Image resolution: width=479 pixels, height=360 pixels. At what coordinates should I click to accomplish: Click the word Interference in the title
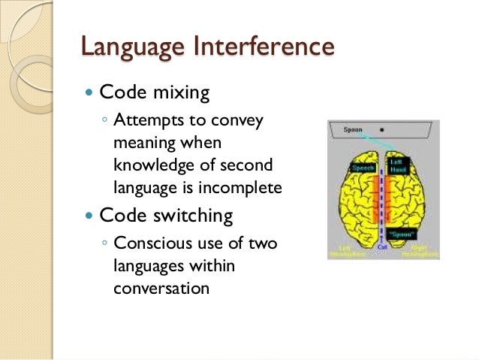[x=264, y=46]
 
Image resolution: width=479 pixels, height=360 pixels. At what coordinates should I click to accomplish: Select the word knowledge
[x=150, y=165]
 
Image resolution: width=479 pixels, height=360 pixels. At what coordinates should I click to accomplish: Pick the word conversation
[x=161, y=287]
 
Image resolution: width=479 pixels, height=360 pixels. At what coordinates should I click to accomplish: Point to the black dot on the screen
[x=382, y=129]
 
